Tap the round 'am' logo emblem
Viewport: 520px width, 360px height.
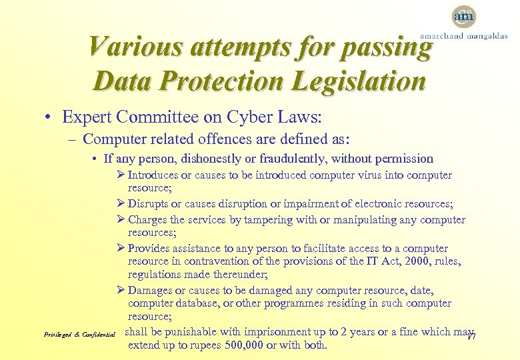[x=463, y=16]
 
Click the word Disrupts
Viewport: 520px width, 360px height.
[x=148, y=204]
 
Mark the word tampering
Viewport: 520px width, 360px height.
[x=271, y=219]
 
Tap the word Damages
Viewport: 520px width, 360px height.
[x=149, y=290]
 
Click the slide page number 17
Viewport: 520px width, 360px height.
[x=470, y=335]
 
